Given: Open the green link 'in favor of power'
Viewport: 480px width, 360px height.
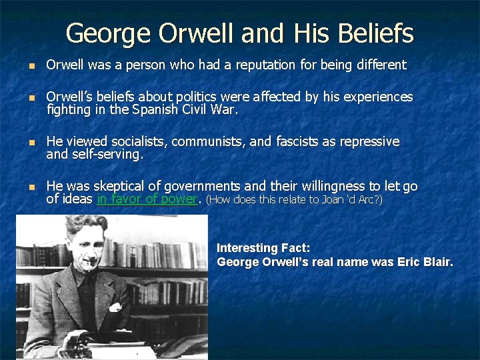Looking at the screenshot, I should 147,199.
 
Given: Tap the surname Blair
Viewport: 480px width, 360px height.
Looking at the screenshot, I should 437,262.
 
